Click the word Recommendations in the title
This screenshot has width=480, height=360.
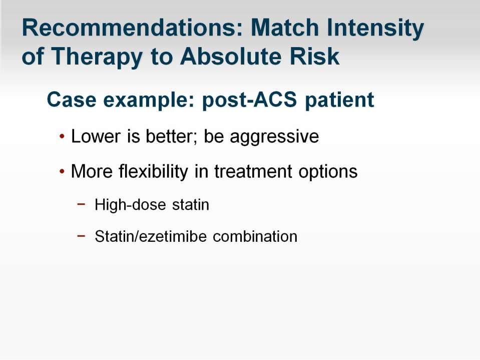click(132, 28)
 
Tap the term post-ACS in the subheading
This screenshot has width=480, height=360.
click(249, 101)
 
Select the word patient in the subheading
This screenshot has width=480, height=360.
click(339, 101)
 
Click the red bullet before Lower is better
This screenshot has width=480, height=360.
click(62, 136)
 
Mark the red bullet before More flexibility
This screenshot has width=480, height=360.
click(62, 171)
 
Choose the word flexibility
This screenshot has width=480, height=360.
click(153, 171)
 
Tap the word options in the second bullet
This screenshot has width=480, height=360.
click(328, 172)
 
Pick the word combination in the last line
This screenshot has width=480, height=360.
click(255, 236)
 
